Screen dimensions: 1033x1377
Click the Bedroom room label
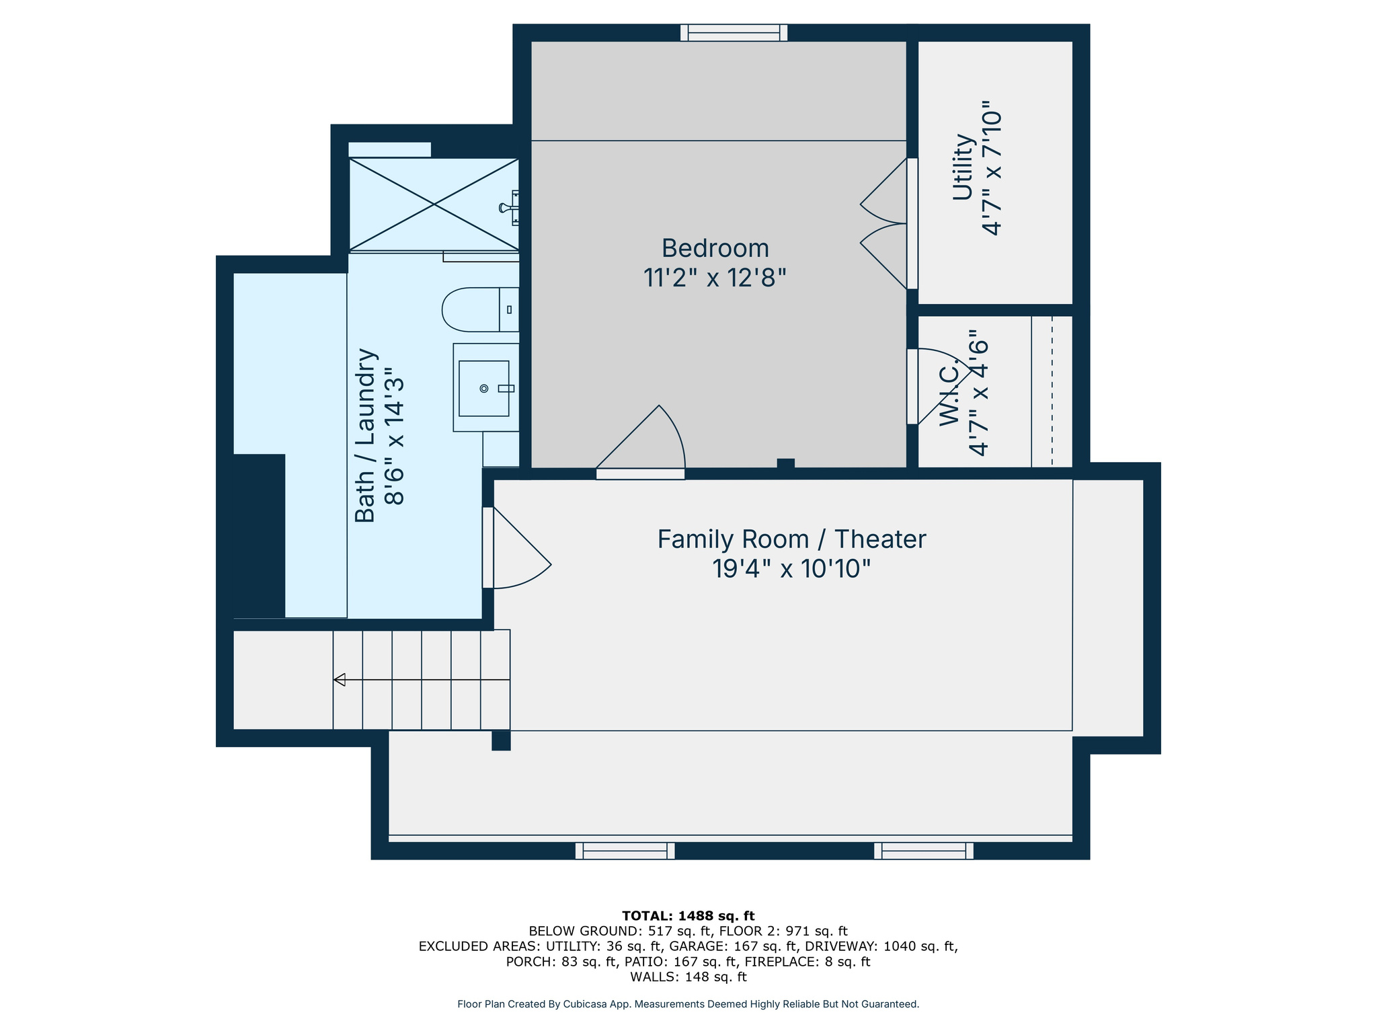point(715,248)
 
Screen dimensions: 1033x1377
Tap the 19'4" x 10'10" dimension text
point(791,569)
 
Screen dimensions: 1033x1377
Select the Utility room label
point(963,167)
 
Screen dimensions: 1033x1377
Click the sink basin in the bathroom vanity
point(483,388)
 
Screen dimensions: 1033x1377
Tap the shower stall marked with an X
point(434,204)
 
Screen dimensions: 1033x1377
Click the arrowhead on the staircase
point(340,679)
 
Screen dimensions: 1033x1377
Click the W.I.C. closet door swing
point(939,385)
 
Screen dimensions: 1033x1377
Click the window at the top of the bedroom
point(734,32)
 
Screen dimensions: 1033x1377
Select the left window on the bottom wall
point(625,851)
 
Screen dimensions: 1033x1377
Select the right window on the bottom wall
point(923,851)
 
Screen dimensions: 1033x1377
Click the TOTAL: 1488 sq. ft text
point(688,915)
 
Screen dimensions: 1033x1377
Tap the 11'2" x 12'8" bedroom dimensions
point(715,277)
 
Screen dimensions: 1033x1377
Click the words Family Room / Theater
point(791,539)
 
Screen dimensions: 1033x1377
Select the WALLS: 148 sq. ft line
point(688,977)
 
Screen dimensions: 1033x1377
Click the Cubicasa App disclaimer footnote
point(688,1004)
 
